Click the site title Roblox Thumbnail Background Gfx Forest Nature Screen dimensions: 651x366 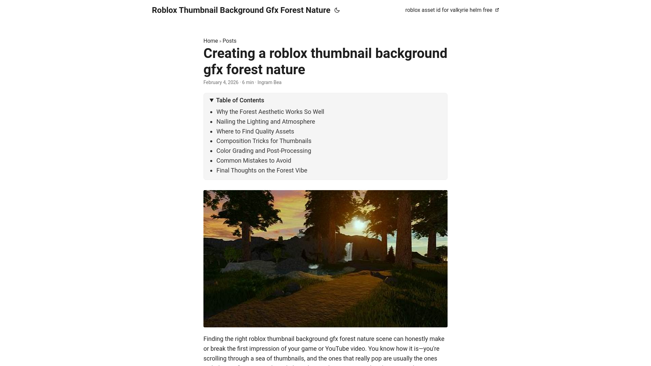(241, 10)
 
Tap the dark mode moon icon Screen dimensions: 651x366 (337, 10)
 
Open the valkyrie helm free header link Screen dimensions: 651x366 (448, 10)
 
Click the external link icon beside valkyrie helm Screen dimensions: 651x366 (497, 10)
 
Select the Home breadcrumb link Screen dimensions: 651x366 (211, 41)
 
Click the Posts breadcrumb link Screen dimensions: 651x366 (230, 41)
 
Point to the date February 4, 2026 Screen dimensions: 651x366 (221, 82)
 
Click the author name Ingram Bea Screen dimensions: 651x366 (269, 82)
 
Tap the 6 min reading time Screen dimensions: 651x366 (248, 82)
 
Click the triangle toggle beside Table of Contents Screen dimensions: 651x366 (212, 100)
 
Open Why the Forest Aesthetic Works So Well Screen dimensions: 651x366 (270, 112)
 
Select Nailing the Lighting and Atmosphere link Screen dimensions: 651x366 (265, 122)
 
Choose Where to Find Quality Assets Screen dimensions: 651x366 (255, 131)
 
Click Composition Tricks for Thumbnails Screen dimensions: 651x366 (264, 141)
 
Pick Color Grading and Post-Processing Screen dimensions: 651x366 (263, 151)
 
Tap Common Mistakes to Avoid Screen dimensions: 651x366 (254, 161)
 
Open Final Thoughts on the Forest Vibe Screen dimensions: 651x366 (262, 170)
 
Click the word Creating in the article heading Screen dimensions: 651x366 (229, 54)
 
